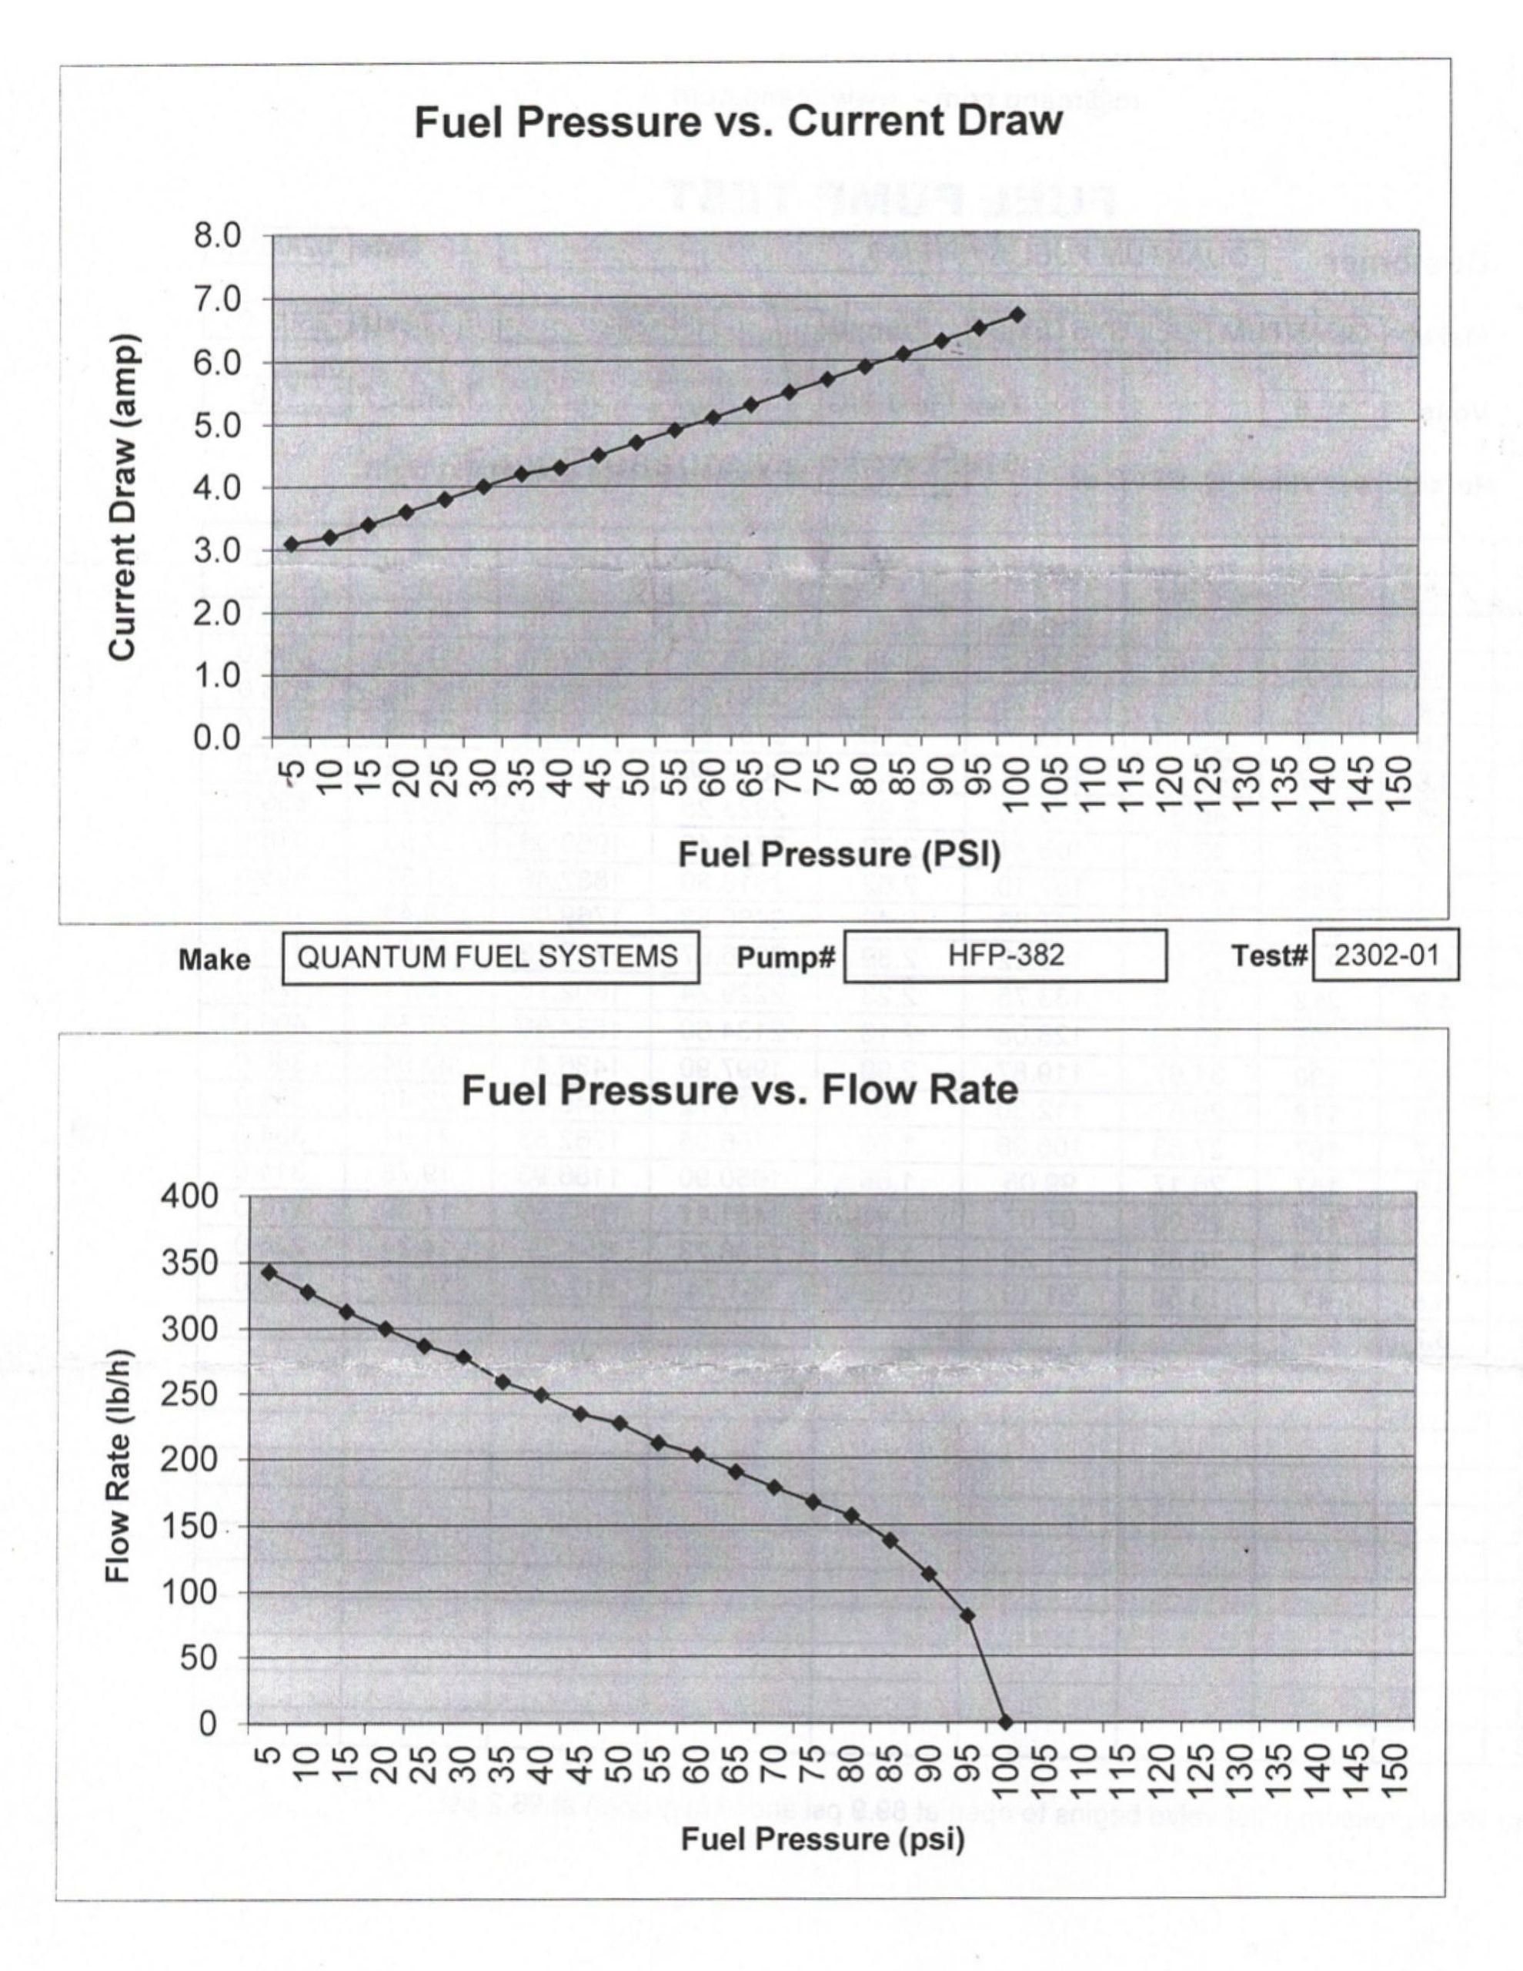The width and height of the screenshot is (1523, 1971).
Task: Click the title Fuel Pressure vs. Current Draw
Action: point(738,121)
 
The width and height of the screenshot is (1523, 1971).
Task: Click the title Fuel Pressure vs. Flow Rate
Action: point(739,1090)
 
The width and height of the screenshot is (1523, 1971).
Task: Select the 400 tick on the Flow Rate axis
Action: point(189,1196)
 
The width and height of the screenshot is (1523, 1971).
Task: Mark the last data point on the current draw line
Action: point(1017,314)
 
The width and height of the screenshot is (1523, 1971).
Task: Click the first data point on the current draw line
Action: point(292,544)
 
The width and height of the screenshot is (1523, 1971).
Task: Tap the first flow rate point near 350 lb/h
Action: point(268,1272)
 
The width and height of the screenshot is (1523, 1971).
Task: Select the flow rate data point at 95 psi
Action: point(967,1615)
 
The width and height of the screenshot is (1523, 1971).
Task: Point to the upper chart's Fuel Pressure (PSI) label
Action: point(839,854)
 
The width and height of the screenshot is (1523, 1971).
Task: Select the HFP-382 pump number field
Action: point(1005,955)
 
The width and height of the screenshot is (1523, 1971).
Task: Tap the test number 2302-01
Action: point(1385,955)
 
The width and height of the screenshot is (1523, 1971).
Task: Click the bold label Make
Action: point(214,959)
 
